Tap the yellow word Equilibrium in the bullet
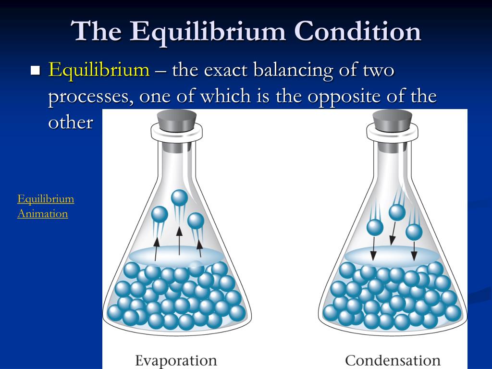tap(99, 70)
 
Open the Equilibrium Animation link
tap(46, 206)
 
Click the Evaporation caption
tap(176, 360)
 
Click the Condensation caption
tap(393, 360)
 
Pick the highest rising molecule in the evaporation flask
tap(179, 197)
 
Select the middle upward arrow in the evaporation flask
tap(179, 241)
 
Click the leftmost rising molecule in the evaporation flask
tap(160, 214)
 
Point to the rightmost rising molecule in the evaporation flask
tap(196, 221)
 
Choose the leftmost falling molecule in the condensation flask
tap(375, 227)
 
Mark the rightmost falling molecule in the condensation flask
tap(414, 232)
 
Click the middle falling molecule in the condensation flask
tap(397, 212)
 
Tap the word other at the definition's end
tap(70, 122)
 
